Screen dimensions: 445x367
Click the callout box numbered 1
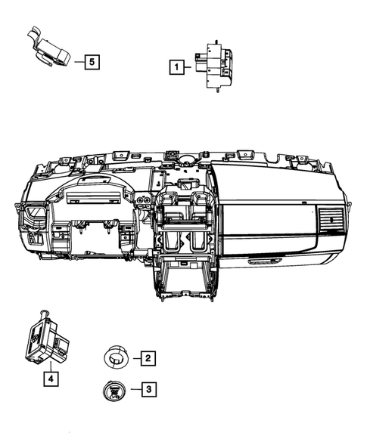click(176, 66)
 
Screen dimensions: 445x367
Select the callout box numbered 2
click(148, 358)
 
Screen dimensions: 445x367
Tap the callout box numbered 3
click(148, 389)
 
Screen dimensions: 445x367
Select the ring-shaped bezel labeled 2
click(115, 357)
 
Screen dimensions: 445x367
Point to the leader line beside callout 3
click(135, 389)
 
